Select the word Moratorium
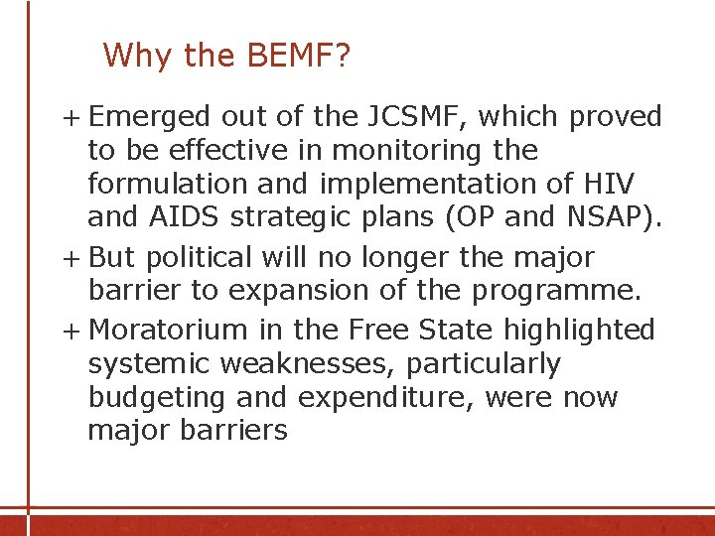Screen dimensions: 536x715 (x=167, y=330)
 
